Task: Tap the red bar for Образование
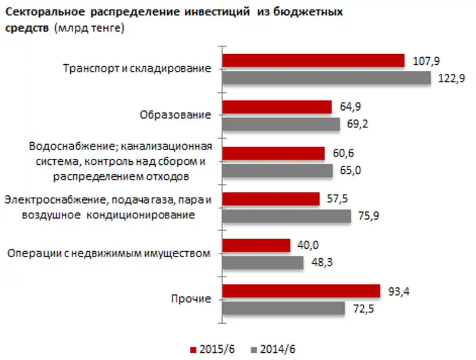[x=277, y=107]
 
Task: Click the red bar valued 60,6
[x=273, y=154]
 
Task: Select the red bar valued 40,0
[x=256, y=245]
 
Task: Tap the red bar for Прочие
[x=301, y=290]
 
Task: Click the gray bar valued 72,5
[x=283, y=308]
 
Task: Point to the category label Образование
[x=176, y=115]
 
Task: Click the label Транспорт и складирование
[x=137, y=69]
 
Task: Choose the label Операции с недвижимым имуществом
[x=109, y=254]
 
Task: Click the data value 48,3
[x=319, y=262]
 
